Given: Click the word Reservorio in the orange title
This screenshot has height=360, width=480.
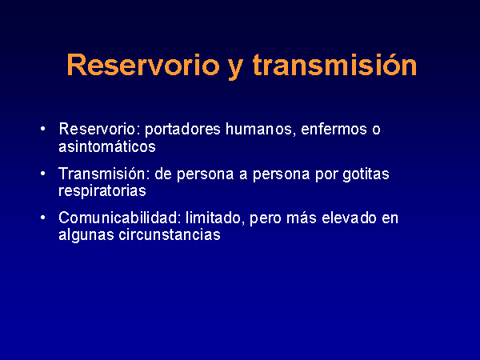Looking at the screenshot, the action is (143, 65).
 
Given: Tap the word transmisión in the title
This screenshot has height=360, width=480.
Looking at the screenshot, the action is (334, 65).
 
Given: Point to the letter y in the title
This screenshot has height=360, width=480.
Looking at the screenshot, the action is (236, 69).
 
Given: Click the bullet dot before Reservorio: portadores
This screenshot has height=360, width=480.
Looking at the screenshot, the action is (43, 129).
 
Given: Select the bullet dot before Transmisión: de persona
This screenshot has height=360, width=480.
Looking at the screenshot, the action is (43, 174).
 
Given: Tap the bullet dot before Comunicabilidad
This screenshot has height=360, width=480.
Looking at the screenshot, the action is (43, 218).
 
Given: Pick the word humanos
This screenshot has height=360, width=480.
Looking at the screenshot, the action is (261, 129).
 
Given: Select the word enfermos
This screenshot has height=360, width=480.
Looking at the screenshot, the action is (334, 129).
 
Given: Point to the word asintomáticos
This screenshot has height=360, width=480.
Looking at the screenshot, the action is (107, 146).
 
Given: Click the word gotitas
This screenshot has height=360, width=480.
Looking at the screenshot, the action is (366, 174).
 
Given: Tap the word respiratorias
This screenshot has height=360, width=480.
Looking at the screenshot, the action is (102, 191).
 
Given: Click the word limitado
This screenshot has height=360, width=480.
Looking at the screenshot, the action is (215, 218).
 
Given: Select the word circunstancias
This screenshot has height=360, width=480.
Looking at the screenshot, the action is (170, 234).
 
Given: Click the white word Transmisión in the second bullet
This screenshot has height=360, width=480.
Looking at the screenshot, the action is (103, 174).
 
